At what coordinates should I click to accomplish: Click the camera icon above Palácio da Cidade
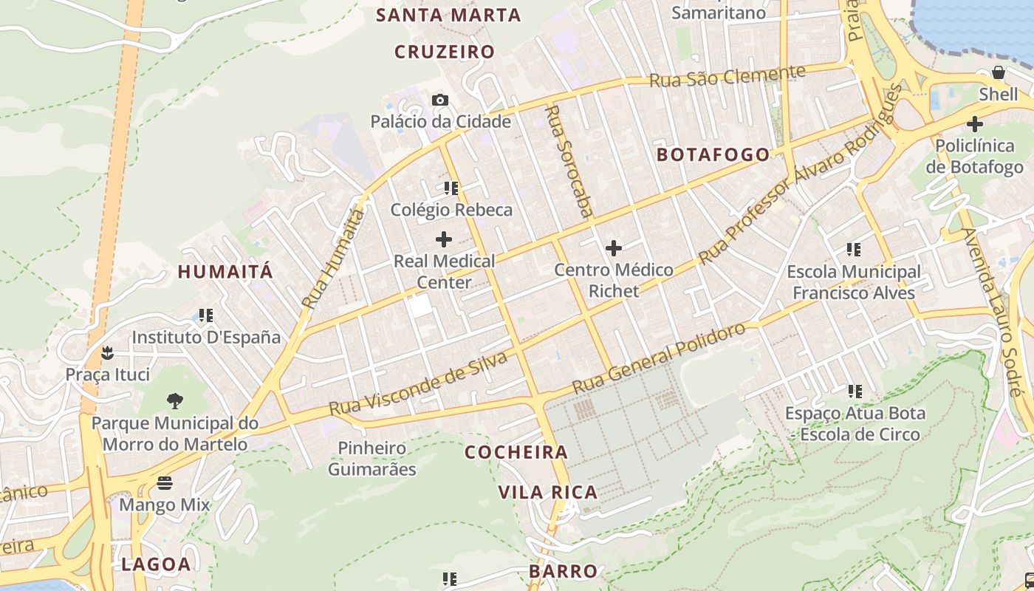tap(440, 100)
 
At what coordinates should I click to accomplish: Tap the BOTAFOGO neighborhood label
tap(713, 154)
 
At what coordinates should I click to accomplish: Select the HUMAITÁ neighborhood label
tap(225, 271)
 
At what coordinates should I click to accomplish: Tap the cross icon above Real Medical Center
tap(444, 239)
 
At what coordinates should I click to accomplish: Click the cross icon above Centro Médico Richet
tap(614, 248)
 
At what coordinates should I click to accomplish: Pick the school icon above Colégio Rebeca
tap(451, 188)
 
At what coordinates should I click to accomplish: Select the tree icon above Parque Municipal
tap(175, 401)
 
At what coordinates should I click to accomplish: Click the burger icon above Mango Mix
tap(165, 483)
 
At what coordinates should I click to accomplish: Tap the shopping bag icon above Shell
tap(999, 72)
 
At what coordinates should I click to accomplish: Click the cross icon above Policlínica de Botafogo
tap(975, 123)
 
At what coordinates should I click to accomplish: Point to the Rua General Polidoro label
tap(658, 359)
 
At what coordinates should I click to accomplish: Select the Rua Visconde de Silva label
tap(418, 383)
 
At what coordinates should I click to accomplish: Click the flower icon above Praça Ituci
tap(108, 352)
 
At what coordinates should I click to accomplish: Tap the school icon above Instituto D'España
tap(206, 315)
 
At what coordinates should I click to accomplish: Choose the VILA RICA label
tap(547, 492)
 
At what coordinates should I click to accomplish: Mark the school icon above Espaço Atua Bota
tap(855, 391)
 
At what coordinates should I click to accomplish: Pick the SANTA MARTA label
tap(448, 15)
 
